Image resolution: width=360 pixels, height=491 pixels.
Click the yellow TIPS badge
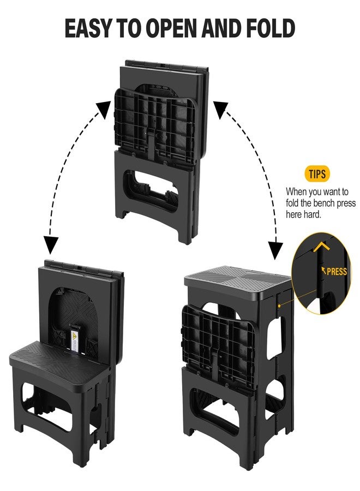[x=317, y=174]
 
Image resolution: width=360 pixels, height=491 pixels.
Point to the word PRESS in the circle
[x=337, y=271]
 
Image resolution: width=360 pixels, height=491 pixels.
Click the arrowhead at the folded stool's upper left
[x=104, y=110]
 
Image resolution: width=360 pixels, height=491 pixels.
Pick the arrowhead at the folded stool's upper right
[x=221, y=109]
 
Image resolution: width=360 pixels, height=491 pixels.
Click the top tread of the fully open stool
[x=238, y=280]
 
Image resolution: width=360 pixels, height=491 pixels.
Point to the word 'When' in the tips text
[x=296, y=191]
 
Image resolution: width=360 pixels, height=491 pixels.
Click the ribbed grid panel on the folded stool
[x=155, y=127]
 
